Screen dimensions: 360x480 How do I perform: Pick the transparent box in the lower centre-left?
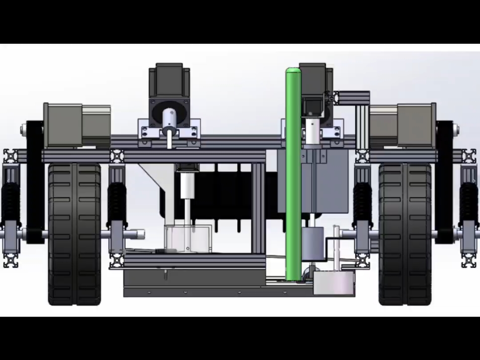(188, 238)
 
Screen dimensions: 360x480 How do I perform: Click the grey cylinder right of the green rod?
(313, 242)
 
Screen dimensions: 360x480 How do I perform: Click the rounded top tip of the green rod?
(293, 72)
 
